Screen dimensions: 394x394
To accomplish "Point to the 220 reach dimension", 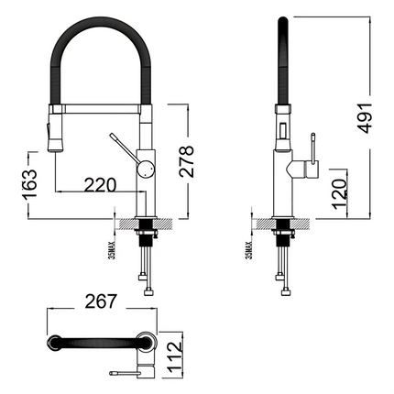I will [x=98, y=184].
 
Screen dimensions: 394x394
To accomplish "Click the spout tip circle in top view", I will [x=57, y=345].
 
